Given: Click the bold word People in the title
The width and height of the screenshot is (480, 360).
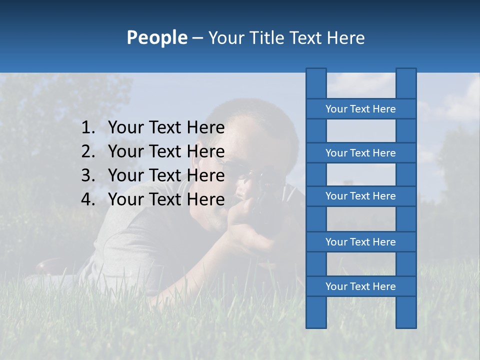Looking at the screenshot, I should click(156, 37).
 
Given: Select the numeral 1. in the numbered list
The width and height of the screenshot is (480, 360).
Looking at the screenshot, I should click(88, 128).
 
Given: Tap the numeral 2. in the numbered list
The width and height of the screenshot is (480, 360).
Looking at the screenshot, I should click(88, 151).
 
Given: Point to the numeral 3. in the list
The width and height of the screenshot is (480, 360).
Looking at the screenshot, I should click(88, 175).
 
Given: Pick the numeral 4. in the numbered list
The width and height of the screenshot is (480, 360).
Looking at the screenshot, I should click(88, 199).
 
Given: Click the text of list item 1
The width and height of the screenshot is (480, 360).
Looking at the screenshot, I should click(166, 128).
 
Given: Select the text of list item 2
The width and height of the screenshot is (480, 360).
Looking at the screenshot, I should click(166, 151).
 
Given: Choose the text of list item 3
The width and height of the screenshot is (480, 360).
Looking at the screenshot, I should click(166, 175).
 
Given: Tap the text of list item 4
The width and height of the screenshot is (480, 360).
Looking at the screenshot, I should click(166, 199).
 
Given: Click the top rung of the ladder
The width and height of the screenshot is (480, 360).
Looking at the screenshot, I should click(360, 109).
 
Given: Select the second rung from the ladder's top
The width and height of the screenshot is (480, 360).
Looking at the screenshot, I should click(360, 153).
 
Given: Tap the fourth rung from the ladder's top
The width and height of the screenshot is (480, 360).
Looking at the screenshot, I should click(360, 242).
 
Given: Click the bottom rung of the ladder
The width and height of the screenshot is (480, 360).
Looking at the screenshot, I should click(360, 286).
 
